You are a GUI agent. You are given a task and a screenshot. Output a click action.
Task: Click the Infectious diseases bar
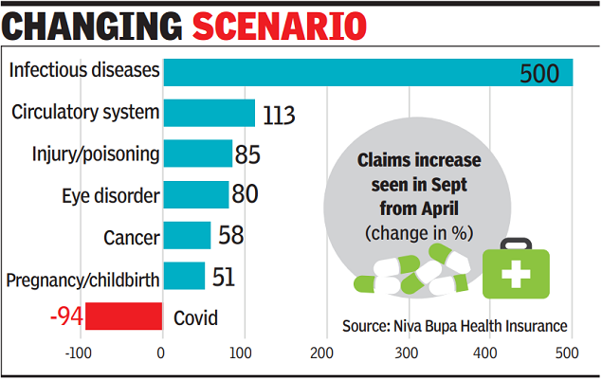(368, 72)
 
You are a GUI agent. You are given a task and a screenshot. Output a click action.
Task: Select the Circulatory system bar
(210, 113)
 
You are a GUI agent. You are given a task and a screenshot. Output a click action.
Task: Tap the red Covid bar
(123, 317)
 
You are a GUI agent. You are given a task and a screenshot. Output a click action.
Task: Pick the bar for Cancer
(187, 235)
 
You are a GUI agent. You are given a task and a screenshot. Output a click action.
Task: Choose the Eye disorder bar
(196, 194)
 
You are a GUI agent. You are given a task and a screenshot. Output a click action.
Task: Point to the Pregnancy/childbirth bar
(184, 276)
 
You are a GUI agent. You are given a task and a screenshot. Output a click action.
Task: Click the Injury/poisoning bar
(198, 154)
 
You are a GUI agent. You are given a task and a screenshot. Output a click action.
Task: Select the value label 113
(279, 115)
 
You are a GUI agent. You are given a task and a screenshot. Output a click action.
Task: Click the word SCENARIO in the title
(279, 26)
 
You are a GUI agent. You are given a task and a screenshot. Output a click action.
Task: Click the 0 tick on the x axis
(162, 354)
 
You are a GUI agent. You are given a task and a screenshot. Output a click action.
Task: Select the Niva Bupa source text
(455, 325)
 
